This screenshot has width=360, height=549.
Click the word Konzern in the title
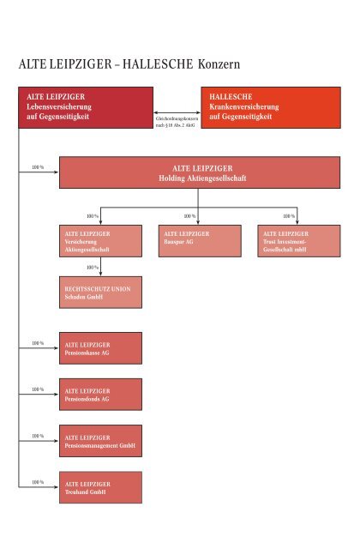click(x=219, y=64)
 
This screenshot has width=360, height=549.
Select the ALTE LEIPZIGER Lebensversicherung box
click(x=86, y=107)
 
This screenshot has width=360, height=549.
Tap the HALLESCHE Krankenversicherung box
click(x=271, y=107)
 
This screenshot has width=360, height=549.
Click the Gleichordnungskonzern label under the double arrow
click(x=177, y=122)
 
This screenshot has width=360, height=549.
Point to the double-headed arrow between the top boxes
click(x=177, y=112)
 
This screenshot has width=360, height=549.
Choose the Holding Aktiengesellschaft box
click(x=200, y=172)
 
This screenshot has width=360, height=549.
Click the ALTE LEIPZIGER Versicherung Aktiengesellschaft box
click(x=101, y=241)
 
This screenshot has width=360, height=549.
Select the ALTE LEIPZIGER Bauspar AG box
click(x=200, y=241)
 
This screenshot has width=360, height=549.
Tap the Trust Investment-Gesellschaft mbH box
click(x=299, y=241)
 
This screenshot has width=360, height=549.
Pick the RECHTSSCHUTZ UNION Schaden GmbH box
click(x=101, y=293)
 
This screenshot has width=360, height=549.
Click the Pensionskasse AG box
click(x=101, y=348)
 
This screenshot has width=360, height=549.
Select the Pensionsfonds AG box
click(x=101, y=395)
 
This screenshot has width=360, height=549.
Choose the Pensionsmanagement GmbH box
click(x=101, y=441)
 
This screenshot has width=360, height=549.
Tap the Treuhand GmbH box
click(x=101, y=487)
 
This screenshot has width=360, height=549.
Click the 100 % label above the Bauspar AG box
click(x=189, y=216)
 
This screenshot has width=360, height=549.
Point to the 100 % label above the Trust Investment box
click(x=289, y=216)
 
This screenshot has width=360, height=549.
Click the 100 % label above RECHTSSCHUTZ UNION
click(x=93, y=268)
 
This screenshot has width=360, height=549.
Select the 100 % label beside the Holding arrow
click(x=38, y=167)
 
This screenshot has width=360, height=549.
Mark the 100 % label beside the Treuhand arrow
click(x=38, y=482)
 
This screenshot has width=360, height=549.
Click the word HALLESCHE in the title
click(x=158, y=64)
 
